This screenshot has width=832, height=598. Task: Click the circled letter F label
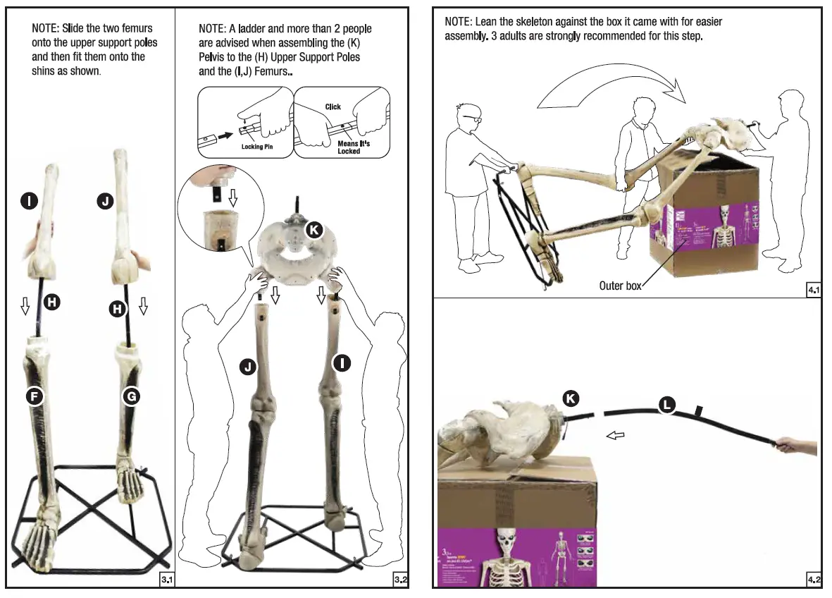[x=32, y=396]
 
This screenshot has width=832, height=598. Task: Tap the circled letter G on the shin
[x=131, y=396]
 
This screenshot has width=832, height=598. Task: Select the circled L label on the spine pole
[x=666, y=404]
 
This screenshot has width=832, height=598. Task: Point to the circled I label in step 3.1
[x=28, y=202]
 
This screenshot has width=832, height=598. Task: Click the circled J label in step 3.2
[x=247, y=366]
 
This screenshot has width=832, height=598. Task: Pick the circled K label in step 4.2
[x=571, y=398]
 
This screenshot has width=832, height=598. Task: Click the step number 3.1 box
[x=167, y=580]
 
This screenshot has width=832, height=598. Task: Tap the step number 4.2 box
[x=813, y=580]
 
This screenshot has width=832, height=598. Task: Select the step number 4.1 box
[x=813, y=289]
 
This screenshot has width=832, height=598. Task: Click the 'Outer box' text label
[x=620, y=286]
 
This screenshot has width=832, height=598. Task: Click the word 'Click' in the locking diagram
[x=333, y=106]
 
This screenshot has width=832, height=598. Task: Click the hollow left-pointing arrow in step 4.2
[x=616, y=436]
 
